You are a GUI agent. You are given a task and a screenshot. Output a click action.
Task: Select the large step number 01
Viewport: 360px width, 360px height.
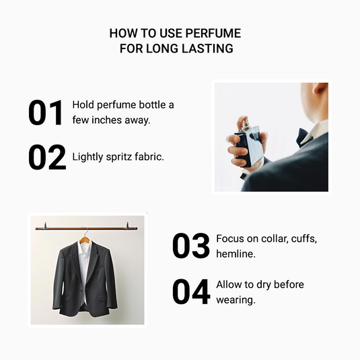click(x=46, y=113)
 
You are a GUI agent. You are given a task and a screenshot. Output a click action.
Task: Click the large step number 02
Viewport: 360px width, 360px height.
click(x=47, y=157)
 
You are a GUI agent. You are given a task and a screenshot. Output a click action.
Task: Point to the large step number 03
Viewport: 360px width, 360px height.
click(x=191, y=246)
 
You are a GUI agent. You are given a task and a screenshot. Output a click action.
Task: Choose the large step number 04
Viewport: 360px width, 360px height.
click(x=192, y=291)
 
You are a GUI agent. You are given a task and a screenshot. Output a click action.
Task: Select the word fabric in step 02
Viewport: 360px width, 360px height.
click(x=149, y=157)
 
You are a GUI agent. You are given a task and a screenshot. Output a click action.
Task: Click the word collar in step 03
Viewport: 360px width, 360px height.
click(x=268, y=239)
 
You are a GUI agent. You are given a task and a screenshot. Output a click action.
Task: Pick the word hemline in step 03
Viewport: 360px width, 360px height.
click(x=235, y=255)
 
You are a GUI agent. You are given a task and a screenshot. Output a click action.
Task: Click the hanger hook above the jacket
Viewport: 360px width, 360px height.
click(x=85, y=233)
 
